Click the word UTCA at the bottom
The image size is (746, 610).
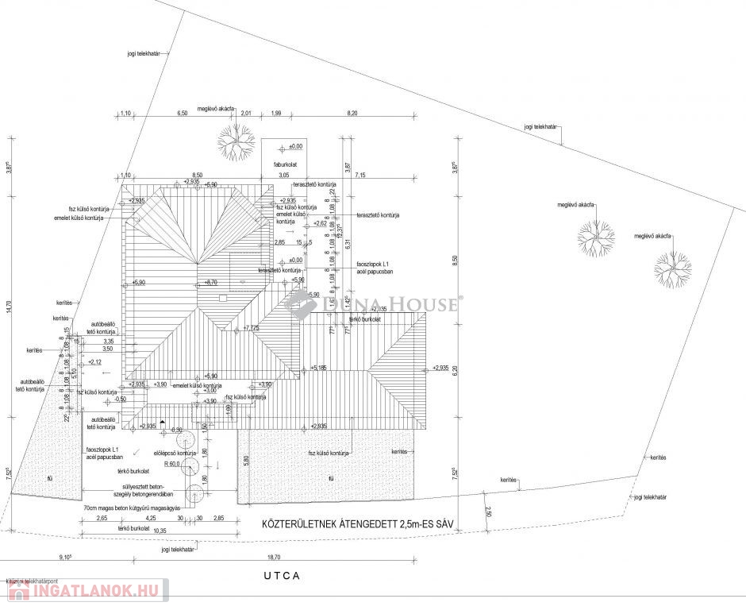click(x=283, y=576)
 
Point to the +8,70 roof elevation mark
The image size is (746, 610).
click(x=210, y=282)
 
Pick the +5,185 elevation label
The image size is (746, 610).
click(x=319, y=368)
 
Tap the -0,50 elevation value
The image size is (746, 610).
click(x=120, y=400)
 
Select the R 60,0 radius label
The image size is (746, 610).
click(x=172, y=462)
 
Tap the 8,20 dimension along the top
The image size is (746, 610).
click(x=352, y=114)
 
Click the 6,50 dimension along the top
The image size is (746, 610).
click(x=182, y=114)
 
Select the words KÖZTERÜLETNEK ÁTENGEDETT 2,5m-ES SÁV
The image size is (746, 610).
click(x=350, y=524)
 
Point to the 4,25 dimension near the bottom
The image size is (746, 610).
click(x=150, y=518)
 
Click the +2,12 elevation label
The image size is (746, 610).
click(x=93, y=362)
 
